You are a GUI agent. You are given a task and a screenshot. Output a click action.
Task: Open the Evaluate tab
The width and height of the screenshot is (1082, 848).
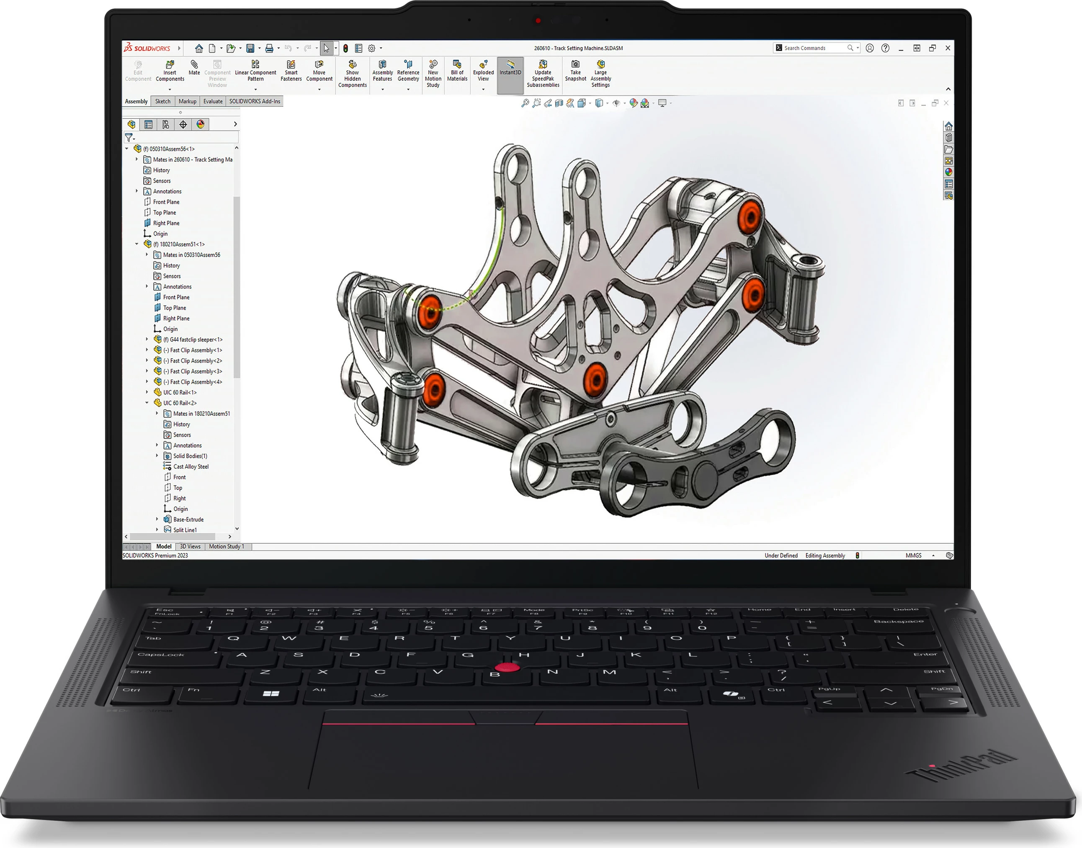coord(213,101)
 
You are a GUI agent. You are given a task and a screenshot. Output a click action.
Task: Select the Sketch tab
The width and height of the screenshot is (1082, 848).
coord(163,101)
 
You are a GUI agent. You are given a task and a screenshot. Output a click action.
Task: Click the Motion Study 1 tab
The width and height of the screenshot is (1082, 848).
coord(227,547)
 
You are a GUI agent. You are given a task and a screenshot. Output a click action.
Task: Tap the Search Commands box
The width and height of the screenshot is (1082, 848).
coord(812,48)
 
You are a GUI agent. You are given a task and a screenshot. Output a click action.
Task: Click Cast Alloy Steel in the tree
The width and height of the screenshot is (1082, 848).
coord(191,467)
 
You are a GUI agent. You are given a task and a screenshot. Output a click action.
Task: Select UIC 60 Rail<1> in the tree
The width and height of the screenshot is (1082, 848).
coord(180,393)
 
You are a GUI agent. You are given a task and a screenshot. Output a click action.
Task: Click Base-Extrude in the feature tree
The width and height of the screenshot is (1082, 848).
coord(188,520)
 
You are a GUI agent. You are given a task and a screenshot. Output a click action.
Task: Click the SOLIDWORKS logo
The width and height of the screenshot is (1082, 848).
coord(147,48)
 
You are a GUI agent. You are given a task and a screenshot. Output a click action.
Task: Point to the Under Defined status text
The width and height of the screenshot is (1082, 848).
coord(781,555)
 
